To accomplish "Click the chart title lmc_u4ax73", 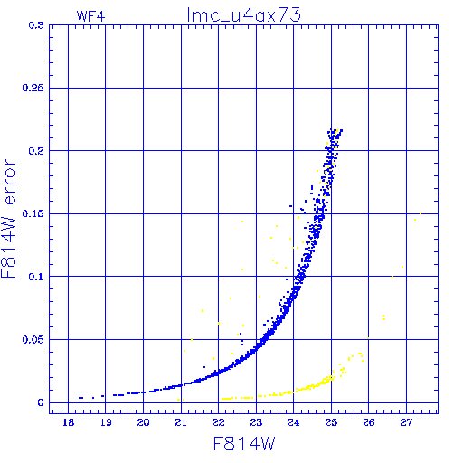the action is point(244,15).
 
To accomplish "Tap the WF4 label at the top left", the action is point(90,16).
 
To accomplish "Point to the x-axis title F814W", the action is point(244,444).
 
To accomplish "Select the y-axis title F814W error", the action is point(8,219).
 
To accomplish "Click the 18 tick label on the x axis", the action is point(69,422).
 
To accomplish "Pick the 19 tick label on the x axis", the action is point(106,422).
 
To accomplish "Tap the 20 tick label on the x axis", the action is point(143,422).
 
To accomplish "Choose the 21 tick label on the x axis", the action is point(181,422).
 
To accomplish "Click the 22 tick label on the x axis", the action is point(218,422).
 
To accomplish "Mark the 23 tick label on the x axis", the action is point(256,422).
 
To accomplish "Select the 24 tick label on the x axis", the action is point(293,422).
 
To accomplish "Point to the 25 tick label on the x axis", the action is point(331,422).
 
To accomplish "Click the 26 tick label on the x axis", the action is point(369,422).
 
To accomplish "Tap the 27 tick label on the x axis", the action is point(406,422).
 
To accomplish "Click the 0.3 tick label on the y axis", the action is point(36,25).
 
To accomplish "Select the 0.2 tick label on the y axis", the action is point(36,151).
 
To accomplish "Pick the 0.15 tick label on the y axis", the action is point(33,214).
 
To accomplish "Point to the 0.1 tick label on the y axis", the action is point(36,277).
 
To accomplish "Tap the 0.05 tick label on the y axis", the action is point(33,340).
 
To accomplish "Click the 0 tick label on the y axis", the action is point(41,402).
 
